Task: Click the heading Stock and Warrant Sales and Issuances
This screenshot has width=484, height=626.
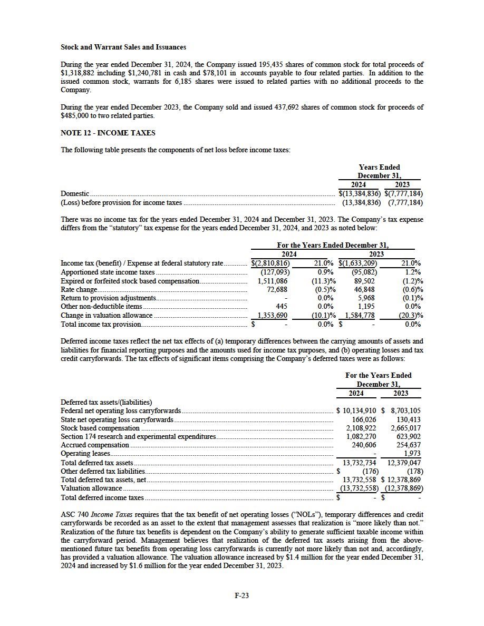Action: pos(123,47)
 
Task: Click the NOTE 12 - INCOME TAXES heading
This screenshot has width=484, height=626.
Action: pos(108,133)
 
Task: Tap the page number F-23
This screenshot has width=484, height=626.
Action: pos(241,595)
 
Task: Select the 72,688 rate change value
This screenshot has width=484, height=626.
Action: pos(277,289)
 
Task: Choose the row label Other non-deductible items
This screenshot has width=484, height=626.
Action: pos(101,307)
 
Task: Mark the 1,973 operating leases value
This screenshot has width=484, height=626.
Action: pos(412,453)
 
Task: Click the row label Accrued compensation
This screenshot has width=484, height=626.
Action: pos(94,445)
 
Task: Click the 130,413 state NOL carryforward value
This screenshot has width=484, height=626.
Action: pos(409,419)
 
